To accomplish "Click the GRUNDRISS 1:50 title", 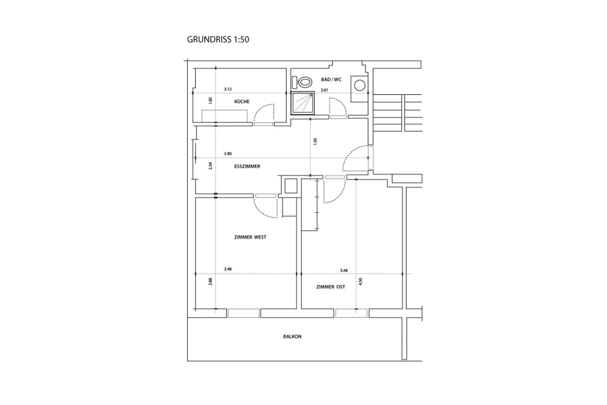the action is point(218,39).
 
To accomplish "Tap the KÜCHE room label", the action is point(242,101).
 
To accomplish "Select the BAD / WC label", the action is point(331,80).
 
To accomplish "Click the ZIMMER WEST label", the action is point(250,237).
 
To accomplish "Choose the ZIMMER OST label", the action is point(331,287).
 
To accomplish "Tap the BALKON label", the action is point(292,337).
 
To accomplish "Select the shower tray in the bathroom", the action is point(302,103).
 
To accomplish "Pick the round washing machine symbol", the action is point(360,85).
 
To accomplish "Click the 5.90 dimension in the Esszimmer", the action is point(228,154).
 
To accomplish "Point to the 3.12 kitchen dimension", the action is point(228,89).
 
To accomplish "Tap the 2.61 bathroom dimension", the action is point(324,90).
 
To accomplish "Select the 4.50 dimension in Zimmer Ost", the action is point(361,281).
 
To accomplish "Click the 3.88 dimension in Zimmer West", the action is point(210,281).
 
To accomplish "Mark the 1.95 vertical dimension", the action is point(315,142).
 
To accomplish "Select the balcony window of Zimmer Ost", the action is point(351,313).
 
